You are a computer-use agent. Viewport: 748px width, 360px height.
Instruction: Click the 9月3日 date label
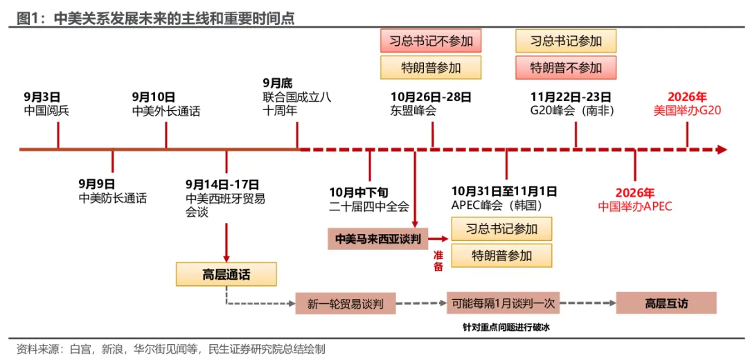tap(42, 97)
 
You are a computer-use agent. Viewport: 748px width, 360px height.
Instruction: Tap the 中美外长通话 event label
tap(166, 111)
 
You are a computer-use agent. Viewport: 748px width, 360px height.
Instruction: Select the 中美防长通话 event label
tap(113, 198)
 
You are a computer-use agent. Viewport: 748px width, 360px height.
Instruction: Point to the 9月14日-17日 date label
tap(222, 184)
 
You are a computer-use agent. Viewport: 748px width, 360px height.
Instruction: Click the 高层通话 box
tap(226, 275)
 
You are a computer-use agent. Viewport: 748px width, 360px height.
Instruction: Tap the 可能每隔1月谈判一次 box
tap(502, 303)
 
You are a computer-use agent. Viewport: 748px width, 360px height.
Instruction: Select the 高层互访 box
tap(666, 303)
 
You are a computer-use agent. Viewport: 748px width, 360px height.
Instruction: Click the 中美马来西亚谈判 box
tap(378, 238)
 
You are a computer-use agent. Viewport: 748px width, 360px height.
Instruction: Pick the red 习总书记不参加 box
tap(430, 41)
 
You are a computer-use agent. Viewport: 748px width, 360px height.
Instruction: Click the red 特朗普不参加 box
tap(566, 68)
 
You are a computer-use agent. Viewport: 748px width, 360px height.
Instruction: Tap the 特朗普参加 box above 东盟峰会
tap(430, 68)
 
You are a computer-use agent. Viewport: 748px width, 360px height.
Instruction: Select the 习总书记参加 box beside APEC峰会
tap(501, 229)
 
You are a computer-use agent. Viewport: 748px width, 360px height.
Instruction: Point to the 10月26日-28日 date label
tap(431, 97)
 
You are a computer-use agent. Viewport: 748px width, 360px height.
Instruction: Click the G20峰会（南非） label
tap(571, 111)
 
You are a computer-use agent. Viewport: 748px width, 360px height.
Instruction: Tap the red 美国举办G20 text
tap(688, 111)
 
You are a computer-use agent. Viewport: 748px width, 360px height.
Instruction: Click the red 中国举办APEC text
tap(635, 206)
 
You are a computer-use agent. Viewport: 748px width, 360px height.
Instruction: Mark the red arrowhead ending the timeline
tap(722, 150)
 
